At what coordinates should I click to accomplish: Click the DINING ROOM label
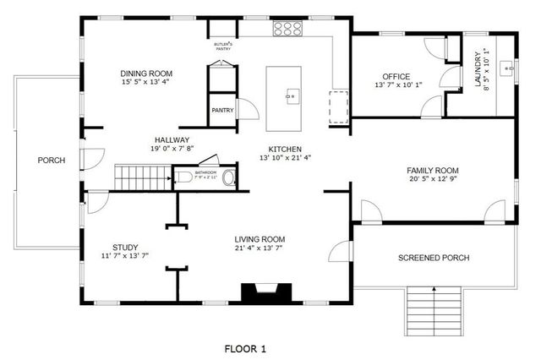pos(148,74)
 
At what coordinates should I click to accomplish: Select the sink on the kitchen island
pos(292,95)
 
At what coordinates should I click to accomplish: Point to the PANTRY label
pos(222,109)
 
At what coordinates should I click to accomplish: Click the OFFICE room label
pos(396,76)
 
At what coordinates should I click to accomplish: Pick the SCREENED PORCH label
pos(434,258)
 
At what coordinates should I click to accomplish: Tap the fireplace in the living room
pos(267,293)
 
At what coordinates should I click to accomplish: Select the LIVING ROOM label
pos(260,239)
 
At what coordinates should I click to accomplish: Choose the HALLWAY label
pos(172,140)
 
